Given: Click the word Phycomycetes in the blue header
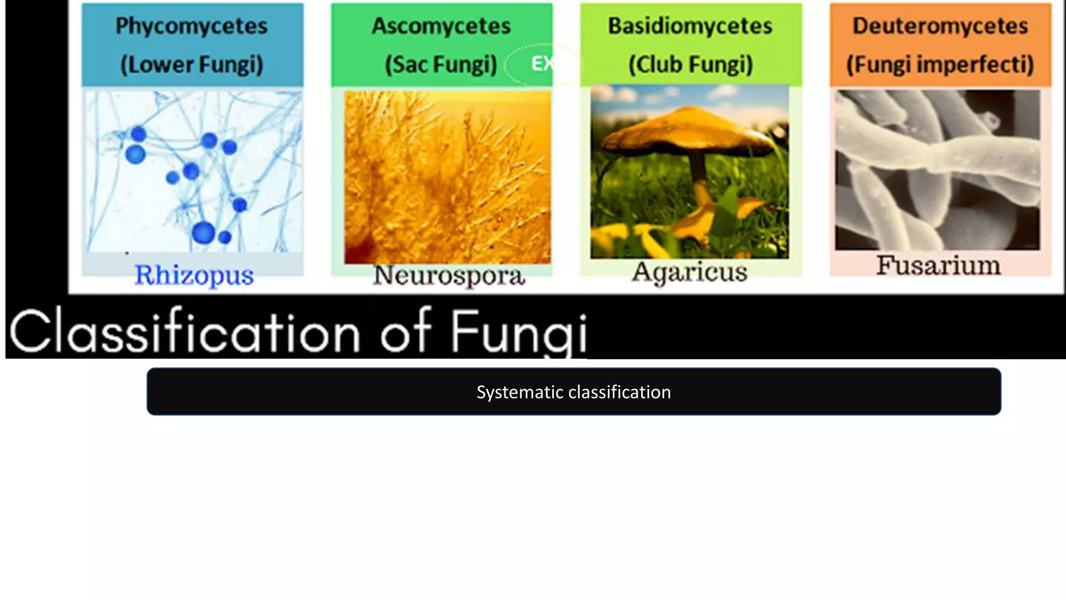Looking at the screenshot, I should [192, 26].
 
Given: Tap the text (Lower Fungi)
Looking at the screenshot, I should [192, 65].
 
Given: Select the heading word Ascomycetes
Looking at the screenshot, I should [441, 26].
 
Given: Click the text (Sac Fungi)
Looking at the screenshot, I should [441, 65].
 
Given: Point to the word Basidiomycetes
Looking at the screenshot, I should [690, 26].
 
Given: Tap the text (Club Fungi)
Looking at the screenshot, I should [690, 65].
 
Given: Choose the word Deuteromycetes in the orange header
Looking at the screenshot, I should [940, 26].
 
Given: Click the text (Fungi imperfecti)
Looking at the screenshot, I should [940, 65].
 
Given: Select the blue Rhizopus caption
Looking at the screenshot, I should [194, 275].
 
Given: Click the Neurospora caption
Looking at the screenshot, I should [449, 276].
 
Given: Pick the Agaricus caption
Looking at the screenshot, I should [690, 272].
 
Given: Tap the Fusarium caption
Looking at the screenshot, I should [938, 265].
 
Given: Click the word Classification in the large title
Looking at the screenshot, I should [185, 331].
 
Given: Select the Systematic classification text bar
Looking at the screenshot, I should [574, 392].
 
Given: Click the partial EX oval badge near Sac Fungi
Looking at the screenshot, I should [541, 64].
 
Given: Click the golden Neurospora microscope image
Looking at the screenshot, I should [447, 177].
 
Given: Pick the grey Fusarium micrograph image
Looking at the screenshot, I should [937, 170].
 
